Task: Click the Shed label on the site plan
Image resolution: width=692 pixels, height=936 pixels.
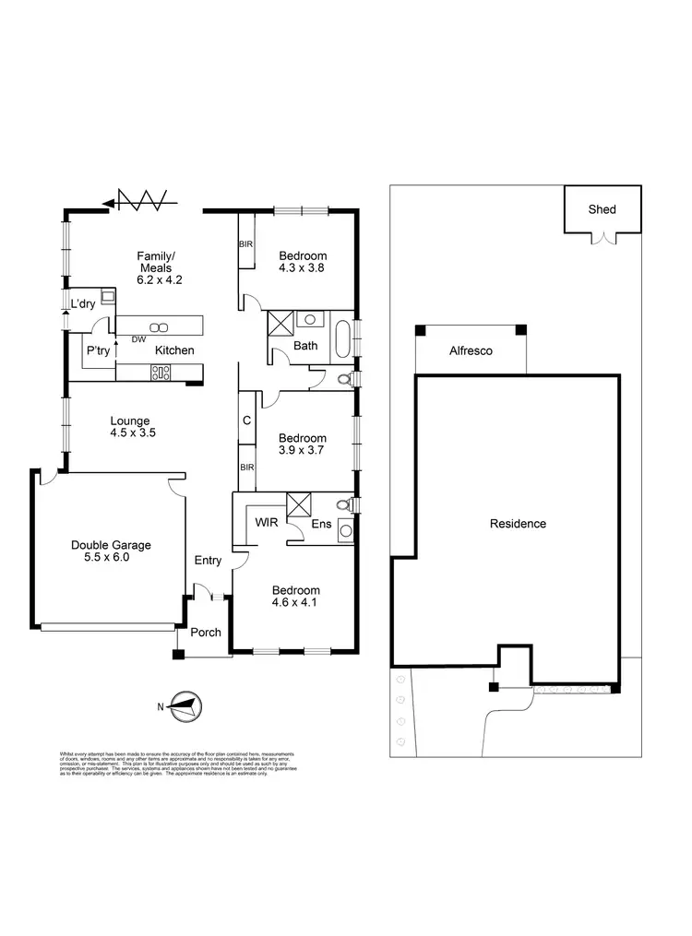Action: tap(602, 209)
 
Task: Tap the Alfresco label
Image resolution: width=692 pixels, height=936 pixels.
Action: tap(471, 351)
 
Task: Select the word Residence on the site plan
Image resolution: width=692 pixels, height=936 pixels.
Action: tap(518, 524)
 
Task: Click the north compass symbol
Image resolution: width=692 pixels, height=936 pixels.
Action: tap(182, 707)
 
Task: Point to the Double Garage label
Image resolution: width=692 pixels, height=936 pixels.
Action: tap(111, 545)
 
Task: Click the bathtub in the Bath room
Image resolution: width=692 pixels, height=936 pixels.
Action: tap(343, 338)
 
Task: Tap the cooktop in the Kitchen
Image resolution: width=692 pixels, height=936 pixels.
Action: tap(162, 373)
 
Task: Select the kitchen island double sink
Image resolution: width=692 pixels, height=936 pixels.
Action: tap(158, 326)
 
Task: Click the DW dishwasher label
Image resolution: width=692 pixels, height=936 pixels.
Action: tap(139, 339)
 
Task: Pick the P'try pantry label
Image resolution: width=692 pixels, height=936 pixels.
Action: tap(99, 351)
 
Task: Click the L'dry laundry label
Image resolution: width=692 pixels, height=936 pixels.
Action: tap(84, 303)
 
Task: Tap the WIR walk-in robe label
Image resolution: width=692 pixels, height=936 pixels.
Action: tap(267, 522)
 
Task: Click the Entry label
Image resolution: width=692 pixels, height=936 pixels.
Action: tap(209, 560)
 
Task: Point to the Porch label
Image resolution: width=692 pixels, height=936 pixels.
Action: tap(206, 633)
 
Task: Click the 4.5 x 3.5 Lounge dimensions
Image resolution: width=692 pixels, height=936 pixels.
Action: tap(129, 432)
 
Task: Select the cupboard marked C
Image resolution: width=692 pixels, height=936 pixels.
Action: tap(246, 421)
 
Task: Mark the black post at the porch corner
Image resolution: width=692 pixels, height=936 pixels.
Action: tap(178, 655)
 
